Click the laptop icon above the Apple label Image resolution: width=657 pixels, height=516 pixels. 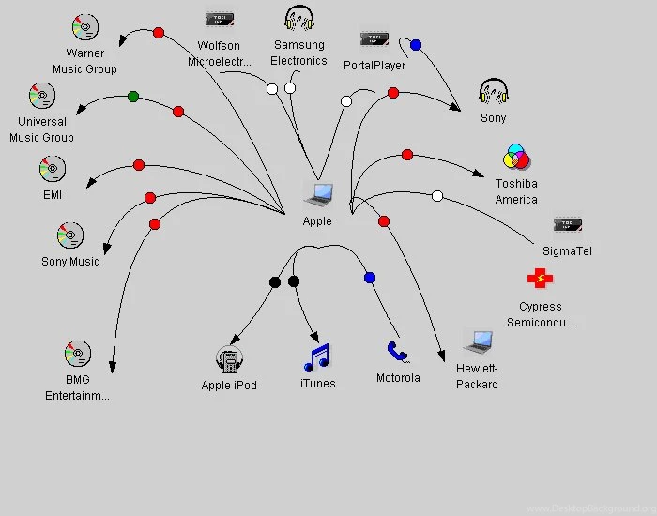click(x=318, y=195)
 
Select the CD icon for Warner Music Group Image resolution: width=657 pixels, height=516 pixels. click(x=84, y=27)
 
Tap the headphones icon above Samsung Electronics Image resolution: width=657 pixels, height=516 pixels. click(x=299, y=19)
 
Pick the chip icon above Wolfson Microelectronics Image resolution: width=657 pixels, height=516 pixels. click(x=219, y=20)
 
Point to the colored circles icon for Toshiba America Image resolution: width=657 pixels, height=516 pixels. click(x=516, y=158)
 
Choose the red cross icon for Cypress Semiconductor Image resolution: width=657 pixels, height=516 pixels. click(x=540, y=279)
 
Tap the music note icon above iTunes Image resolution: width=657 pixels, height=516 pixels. click(x=317, y=357)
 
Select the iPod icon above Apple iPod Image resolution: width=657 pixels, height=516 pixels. click(x=229, y=359)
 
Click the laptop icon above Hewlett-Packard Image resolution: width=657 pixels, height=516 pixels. click(x=477, y=341)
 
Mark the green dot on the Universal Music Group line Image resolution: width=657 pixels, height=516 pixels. click(x=133, y=96)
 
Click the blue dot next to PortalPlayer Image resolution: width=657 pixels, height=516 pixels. click(x=416, y=44)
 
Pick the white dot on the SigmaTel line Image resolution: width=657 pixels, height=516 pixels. click(x=436, y=196)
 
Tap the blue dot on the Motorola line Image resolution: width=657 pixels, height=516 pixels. click(x=369, y=278)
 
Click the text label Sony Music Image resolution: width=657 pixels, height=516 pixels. click(x=70, y=262)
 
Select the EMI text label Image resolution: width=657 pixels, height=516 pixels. click(x=52, y=194)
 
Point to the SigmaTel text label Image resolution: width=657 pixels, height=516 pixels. click(x=567, y=251)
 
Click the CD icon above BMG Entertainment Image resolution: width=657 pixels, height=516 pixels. click(x=77, y=354)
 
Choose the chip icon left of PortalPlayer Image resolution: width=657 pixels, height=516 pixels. click(x=374, y=39)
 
